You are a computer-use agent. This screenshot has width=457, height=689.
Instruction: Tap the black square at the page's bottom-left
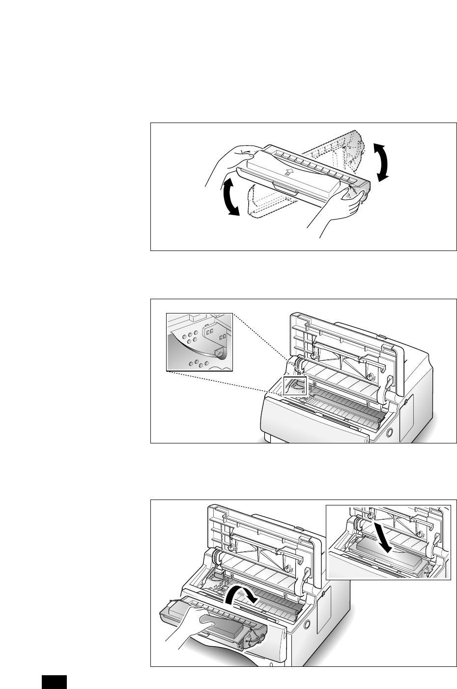53,682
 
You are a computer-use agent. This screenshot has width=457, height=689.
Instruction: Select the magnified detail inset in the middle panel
199,342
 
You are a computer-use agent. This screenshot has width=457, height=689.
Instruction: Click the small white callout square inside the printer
294,386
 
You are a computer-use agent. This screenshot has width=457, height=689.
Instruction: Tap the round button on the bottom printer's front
308,624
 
